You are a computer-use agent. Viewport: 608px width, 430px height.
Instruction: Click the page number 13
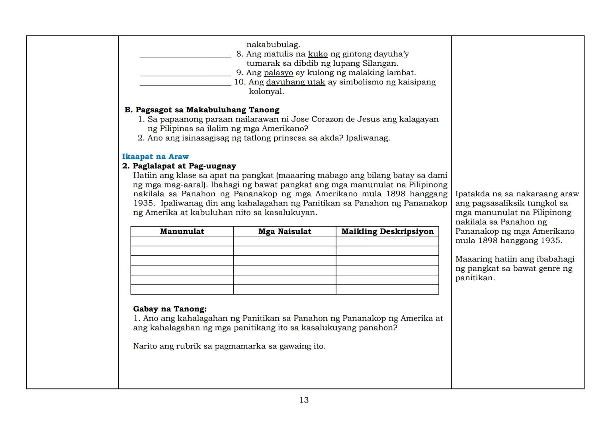pyautogui.click(x=304, y=400)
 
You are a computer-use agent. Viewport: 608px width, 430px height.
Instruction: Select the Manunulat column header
pyautogui.click(x=182, y=231)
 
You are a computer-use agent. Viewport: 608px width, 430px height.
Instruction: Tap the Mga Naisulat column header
pyautogui.click(x=285, y=231)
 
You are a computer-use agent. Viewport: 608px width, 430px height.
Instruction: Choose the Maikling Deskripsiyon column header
pyautogui.click(x=387, y=231)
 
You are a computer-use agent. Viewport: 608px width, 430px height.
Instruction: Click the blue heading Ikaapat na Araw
pyautogui.click(x=155, y=156)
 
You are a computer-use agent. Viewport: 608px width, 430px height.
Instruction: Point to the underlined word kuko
pyautogui.click(x=318, y=54)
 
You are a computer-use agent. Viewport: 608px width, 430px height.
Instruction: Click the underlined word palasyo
pyautogui.click(x=278, y=72)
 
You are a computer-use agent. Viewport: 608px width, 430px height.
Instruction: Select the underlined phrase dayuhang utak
pyautogui.click(x=295, y=82)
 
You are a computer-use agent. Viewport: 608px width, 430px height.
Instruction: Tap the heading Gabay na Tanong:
pyautogui.click(x=170, y=309)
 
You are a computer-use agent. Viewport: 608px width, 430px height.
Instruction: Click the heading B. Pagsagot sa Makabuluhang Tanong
pyautogui.click(x=202, y=110)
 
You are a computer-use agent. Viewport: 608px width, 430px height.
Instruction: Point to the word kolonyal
pyautogui.click(x=266, y=91)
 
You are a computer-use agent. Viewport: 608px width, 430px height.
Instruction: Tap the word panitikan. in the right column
pyautogui.click(x=475, y=278)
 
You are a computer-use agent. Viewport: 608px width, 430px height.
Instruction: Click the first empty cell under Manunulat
pyautogui.click(x=182, y=241)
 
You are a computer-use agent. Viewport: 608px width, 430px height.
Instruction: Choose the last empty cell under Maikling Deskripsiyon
pyautogui.click(x=387, y=289)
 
